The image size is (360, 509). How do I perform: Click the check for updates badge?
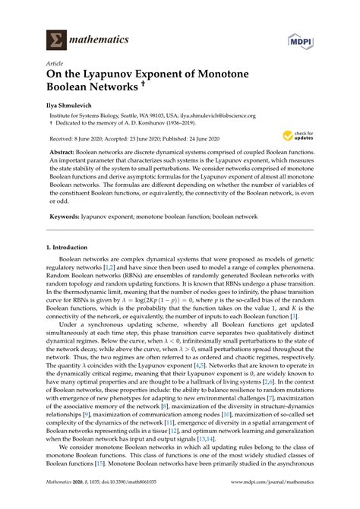pyautogui.click(x=295, y=137)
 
